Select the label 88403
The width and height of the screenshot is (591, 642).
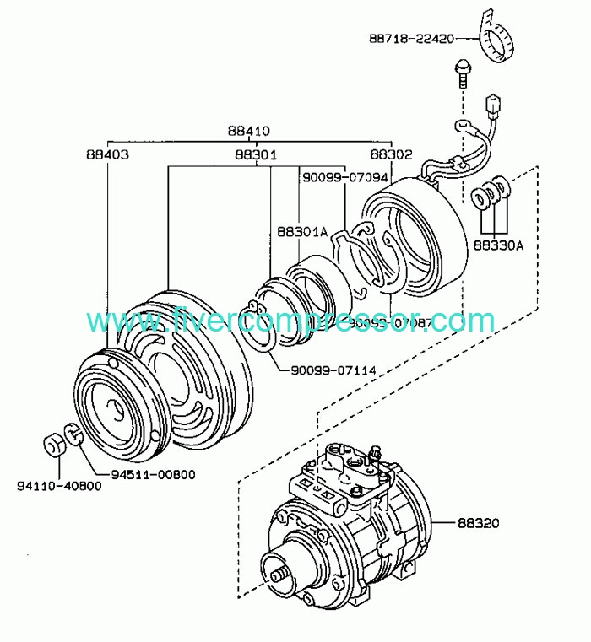click(x=106, y=154)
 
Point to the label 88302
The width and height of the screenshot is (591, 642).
click(x=392, y=154)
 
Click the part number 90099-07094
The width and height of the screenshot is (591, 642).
click(x=344, y=178)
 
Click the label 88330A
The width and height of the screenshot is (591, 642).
click(x=498, y=245)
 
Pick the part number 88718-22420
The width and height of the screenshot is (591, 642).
click(x=412, y=38)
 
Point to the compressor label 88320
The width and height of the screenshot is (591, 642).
click(x=480, y=523)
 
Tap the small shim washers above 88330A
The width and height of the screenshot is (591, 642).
click(x=491, y=194)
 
